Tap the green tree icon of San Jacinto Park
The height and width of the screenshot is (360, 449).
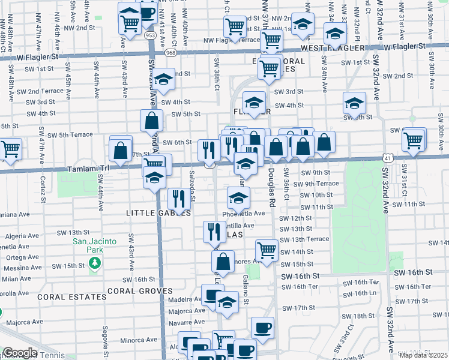click(94, 263)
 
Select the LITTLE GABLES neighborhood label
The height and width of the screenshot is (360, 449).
click(158, 213)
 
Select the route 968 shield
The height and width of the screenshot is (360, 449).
click(171, 53)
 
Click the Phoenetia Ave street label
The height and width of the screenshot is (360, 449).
click(243, 213)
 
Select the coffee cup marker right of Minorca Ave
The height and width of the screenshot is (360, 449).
click(262, 328)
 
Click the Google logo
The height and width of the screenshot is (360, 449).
click(20, 353)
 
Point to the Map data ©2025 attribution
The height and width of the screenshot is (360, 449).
click(423, 355)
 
